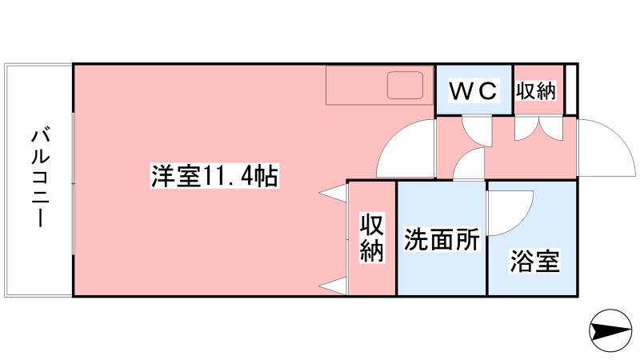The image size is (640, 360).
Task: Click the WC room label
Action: click(473, 90)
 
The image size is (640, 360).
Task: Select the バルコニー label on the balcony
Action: click(39, 178)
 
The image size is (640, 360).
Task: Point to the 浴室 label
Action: click(534, 261)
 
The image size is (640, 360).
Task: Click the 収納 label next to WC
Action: click(535, 90)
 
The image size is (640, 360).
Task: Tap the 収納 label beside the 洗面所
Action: click(371, 238)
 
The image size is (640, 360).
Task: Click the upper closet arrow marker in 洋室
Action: click(334, 192)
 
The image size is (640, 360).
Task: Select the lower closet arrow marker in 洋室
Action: click(334, 285)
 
